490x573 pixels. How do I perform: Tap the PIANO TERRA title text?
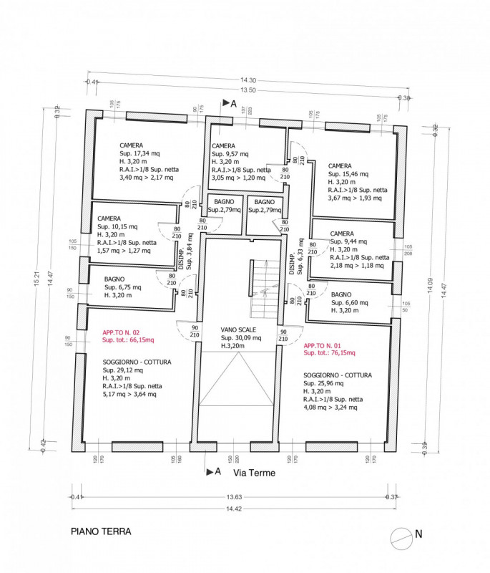[x=100, y=533]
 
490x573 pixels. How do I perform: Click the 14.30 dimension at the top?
[x=248, y=80]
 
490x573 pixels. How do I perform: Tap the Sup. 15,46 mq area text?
[x=348, y=173]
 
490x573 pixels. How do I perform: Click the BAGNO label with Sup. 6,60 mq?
[x=341, y=294]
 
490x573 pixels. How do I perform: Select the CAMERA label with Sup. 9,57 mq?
[x=223, y=145]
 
